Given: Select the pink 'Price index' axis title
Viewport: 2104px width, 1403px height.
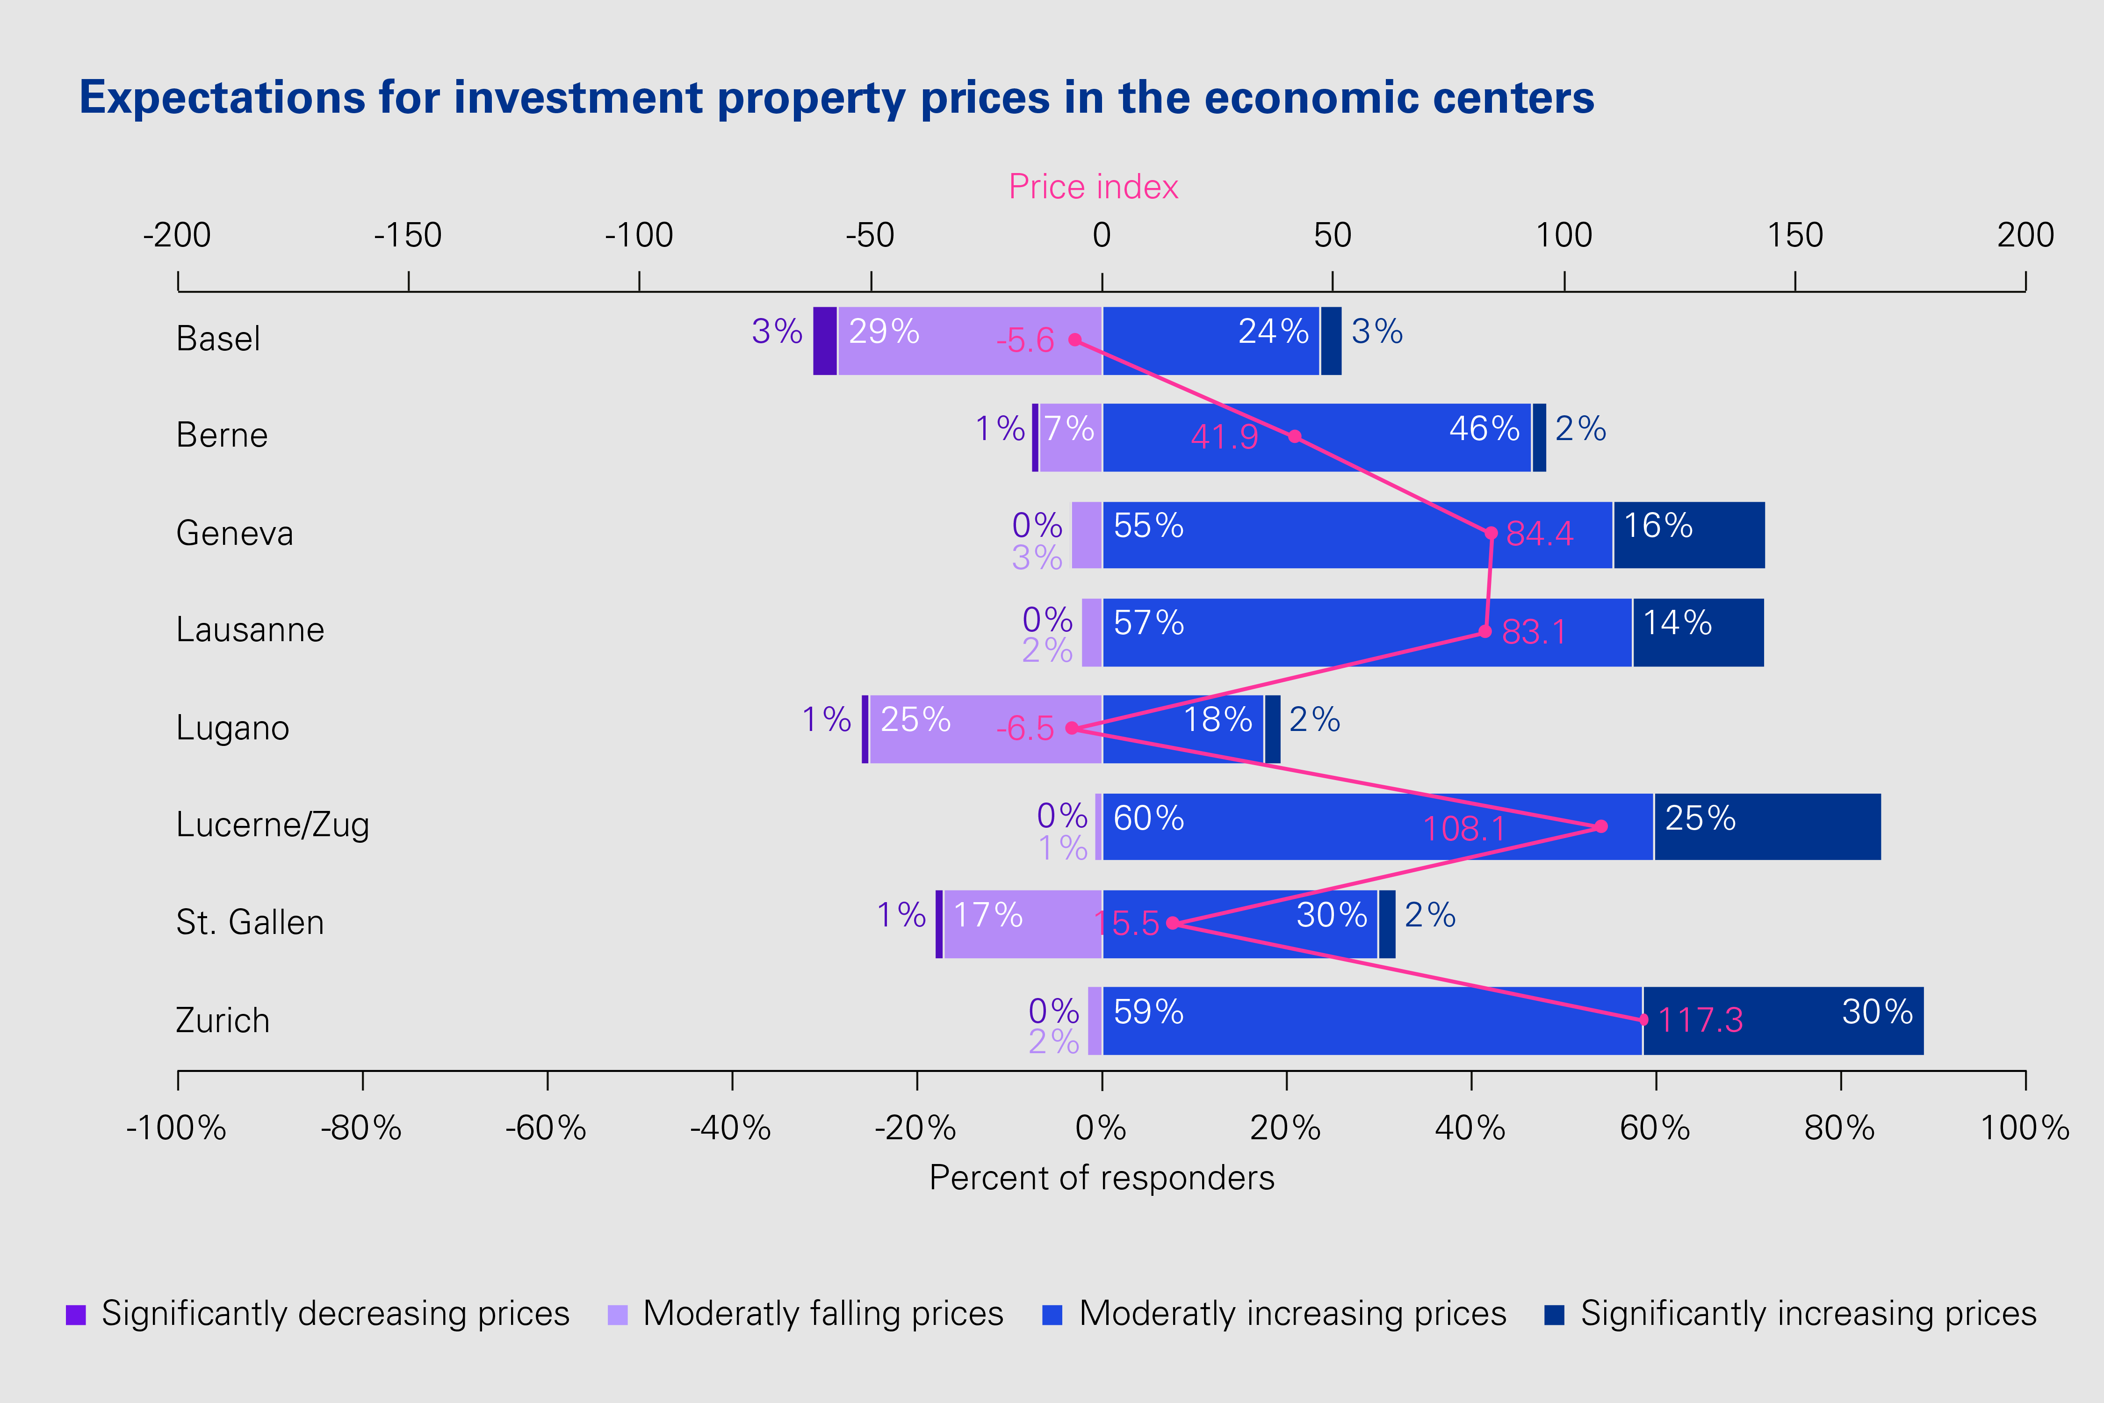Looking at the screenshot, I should [x=1093, y=187].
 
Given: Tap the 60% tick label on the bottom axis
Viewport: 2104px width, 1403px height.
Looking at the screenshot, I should [x=1655, y=1128].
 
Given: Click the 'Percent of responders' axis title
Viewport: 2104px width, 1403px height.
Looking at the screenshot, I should [x=1101, y=1178].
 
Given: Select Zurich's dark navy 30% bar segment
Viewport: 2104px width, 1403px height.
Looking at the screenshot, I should [x=1783, y=1021].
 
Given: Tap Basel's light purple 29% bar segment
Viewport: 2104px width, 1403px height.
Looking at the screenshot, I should [x=970, y=341].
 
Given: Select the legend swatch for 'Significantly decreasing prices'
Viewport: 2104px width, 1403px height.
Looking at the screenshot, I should [x=76, y=1315].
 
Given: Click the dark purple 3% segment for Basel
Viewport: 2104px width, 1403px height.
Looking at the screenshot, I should [x=825, y=341].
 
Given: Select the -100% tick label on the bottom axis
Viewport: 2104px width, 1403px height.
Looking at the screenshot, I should [x=176, y=1128].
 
